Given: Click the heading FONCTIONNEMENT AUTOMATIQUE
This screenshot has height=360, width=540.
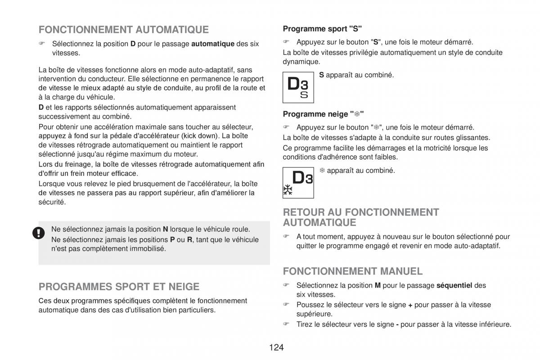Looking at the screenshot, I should (123, 30).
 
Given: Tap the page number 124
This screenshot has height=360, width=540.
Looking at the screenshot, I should (276, 347).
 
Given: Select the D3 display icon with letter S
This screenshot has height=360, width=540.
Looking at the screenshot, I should (298, 87).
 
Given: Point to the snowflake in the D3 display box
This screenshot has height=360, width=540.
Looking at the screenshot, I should (288, 190).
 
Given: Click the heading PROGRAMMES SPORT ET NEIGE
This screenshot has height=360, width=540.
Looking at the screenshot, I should (119, 287).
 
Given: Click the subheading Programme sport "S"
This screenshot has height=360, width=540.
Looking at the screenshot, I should (322, 29).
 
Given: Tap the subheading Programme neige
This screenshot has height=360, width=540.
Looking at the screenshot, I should (323, 114).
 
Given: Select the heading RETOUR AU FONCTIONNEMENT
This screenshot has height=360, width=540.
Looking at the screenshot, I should (360, 212).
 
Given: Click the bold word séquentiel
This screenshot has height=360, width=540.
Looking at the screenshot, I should (454, 285).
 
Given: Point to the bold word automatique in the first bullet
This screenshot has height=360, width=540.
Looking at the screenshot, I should (213, 44).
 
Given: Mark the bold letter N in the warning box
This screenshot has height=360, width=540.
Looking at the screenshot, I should (165, 229).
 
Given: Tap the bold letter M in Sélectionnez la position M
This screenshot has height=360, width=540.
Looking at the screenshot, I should (377, 285).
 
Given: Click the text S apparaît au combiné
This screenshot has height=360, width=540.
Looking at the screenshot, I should (356, 75).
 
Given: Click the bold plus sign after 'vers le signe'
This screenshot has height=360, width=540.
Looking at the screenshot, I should (410, 305).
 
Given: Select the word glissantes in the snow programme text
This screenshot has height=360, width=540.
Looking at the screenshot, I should (472, 138).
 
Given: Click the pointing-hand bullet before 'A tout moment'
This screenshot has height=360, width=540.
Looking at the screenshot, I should (285, 236).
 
